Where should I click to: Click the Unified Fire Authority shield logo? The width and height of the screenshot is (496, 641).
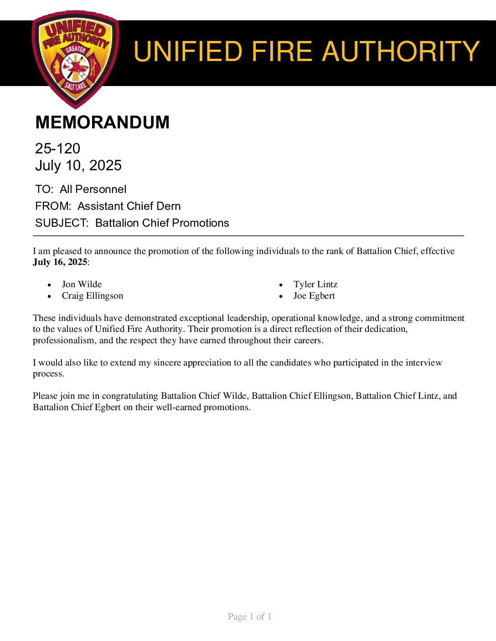(76, 59)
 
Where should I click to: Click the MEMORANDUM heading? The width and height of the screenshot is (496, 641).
(102, 122)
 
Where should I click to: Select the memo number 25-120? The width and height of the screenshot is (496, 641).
(57, 148)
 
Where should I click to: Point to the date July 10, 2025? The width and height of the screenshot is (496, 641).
(78, 165)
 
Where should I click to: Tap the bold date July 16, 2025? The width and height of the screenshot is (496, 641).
(60, 262)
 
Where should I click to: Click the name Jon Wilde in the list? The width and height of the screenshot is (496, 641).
(82, 285)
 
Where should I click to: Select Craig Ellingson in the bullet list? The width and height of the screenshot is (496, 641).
(93, 296)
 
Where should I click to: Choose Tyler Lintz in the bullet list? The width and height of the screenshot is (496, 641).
(315, 285)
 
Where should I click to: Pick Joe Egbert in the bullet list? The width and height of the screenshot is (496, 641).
(314, 296)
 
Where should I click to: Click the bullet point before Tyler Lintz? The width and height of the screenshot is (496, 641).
(281, 285)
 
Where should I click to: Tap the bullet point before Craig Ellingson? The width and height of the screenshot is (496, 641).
(50, 296)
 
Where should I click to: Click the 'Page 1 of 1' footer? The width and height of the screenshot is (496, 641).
(249, 616)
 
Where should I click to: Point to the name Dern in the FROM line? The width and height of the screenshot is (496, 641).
(169, 206)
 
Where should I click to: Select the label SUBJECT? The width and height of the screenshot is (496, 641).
(62, 223)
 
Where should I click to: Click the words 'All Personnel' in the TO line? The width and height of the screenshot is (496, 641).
(93, 189)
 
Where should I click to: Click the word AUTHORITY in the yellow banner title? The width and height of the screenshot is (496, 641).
(401, 51)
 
